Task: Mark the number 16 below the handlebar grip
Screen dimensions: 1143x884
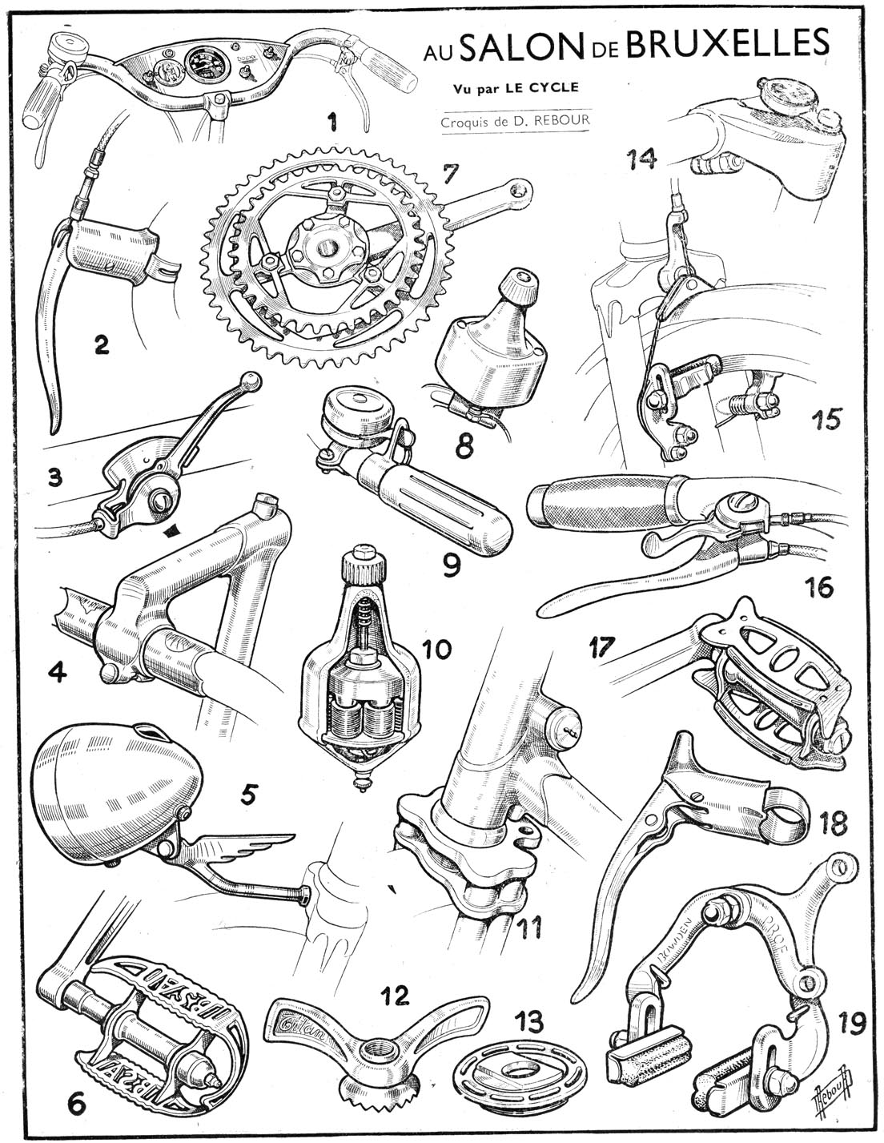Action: point(816,587)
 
